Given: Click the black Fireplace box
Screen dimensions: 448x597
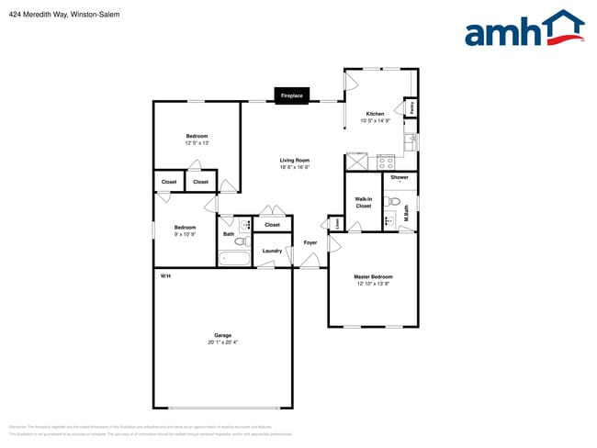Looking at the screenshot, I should pos(292,95).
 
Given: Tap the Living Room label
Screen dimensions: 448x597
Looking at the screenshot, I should pos(295,161).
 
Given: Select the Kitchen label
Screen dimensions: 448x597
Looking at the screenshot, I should pos(375,114).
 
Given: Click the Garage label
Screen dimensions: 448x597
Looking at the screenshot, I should pos(222,335).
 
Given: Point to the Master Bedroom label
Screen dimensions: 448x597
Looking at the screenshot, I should pos(373,276).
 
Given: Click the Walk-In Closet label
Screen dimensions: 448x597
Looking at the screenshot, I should pos(364,203).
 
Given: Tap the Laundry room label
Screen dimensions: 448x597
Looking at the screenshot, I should pos(272,251).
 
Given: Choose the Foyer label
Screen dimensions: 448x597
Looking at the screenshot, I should pos(310,242).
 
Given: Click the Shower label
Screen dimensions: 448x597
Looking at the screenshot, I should pos(400,177).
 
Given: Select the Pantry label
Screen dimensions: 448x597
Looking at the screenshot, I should pos(412,107).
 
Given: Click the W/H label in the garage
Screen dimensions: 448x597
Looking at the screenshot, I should pos(165,276).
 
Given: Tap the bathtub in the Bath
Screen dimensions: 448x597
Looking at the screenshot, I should pos(234,257).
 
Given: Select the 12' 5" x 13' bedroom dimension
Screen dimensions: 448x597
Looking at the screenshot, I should pos(197,143).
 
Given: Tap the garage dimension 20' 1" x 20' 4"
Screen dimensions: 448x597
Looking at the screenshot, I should pos(222,342).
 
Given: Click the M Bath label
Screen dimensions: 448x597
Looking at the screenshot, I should pos(405,218).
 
